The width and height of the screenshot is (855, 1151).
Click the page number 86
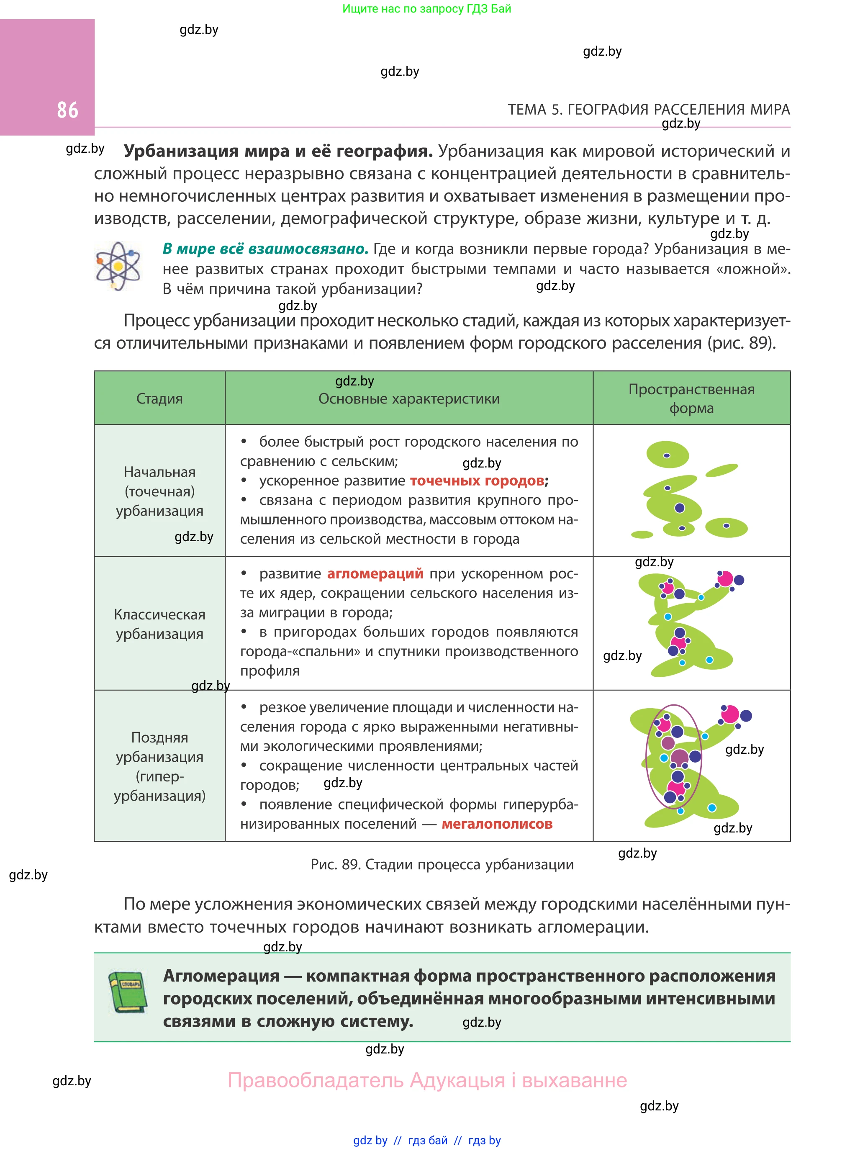pos(67,110)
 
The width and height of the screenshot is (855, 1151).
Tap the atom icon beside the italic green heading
pos(118,267)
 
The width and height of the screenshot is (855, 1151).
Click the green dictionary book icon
pos(128,992)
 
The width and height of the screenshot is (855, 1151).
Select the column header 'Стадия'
pos(159,398)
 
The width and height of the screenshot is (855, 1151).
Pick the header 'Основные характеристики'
pos(409,399)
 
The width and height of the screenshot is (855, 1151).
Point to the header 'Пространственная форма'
pos(691,398)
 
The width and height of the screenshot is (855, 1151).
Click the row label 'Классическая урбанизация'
pos(159,624)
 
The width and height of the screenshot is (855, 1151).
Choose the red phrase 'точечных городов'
pos(477,481)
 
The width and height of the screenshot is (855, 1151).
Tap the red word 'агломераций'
pos(375,573)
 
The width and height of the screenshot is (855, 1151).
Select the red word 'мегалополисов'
pos(497,824)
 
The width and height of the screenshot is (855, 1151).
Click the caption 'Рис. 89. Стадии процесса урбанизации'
pos(442,864)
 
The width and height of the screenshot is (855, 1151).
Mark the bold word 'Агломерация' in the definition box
pos(221,976)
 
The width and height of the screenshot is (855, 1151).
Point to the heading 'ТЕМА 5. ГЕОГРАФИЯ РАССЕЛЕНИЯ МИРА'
pos(649,110)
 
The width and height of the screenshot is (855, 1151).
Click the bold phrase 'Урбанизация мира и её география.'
pos(278,151)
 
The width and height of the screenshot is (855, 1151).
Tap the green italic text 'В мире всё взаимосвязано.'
pos(265,249)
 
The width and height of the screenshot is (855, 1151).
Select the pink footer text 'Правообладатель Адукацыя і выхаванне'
pos(427,1080)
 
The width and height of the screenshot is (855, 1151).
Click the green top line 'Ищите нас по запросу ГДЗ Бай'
pos(426,9)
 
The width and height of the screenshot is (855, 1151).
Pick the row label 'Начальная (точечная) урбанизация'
pos(159,491)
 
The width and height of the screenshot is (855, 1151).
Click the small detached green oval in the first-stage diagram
pos(721,470)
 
